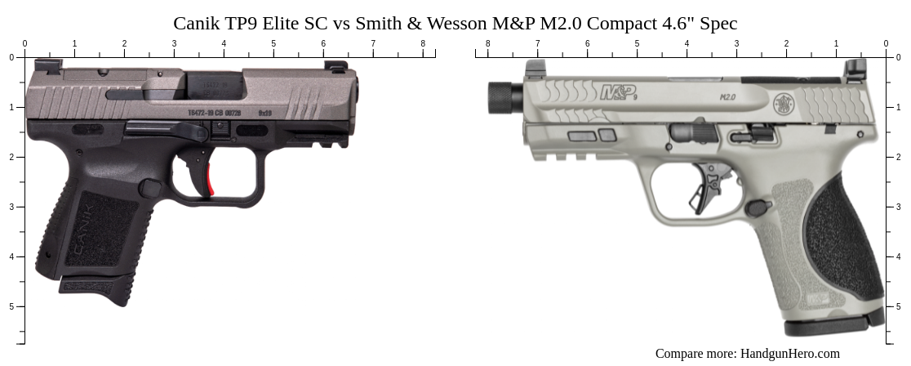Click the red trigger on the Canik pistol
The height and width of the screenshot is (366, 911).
[x=209, y=181]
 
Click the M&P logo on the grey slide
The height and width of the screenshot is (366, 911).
[x=618, y=93]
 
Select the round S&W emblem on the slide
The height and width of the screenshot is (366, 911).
[x=784, y=104]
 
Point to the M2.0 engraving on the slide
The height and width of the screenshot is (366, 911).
[x=728, y=96]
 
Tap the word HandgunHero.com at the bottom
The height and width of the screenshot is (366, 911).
[x=789, y=354]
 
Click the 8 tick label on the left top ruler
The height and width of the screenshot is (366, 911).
[x=423, y=43]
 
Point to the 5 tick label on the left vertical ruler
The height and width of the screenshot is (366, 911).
[x=11, y=306]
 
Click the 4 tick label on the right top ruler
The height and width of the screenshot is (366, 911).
[x=687, y=43]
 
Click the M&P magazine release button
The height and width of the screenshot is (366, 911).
[x=758, y=208]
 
